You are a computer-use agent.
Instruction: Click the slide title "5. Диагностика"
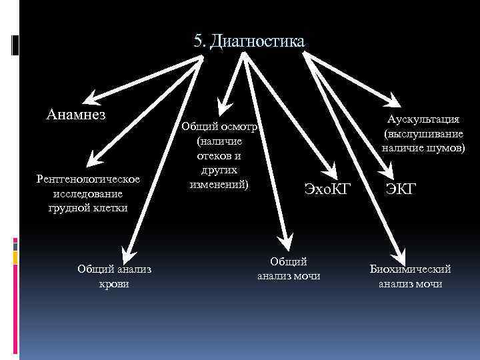tap(249, 41)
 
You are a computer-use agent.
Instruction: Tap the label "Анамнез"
tap(77, 113)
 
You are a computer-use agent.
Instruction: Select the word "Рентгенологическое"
tap(89, 180)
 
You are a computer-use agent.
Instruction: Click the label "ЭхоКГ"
tap(327, 189)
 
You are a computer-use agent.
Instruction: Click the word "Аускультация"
tap(424, 119)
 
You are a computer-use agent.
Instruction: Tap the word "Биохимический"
tap(411, 269)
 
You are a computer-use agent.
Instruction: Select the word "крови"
tap(114, 284)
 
